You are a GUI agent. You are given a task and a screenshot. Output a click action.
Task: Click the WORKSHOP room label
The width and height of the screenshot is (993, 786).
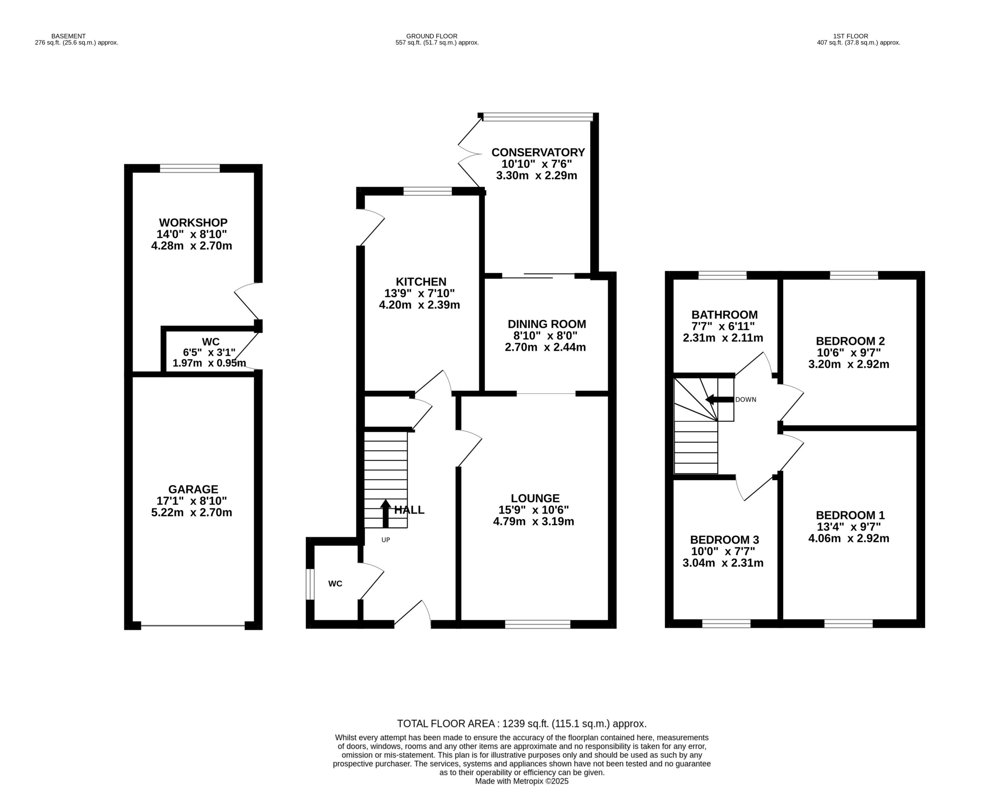tap(193, 223)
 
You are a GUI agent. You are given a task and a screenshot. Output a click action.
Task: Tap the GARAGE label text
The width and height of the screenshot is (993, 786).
tap(193, 489)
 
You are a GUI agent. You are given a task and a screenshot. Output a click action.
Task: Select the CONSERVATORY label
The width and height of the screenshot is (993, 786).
tap(538, 152)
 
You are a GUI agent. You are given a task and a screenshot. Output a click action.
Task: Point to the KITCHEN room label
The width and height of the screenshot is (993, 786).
tap(421, 282)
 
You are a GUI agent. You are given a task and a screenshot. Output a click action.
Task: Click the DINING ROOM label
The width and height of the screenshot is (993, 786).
tap(547, 324)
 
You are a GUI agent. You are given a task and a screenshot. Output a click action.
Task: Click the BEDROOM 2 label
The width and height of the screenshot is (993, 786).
tap(850, 341)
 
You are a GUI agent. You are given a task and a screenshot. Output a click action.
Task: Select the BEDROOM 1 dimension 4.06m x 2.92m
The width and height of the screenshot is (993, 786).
tap(849, 538)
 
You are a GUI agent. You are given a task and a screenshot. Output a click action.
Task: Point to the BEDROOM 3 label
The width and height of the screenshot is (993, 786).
tap(724, 539)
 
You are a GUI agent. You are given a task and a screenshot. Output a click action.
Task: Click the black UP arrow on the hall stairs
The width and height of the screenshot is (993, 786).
tap(385, 513)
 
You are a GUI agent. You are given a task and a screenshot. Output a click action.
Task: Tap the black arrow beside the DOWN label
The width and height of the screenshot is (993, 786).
tap(719, 400)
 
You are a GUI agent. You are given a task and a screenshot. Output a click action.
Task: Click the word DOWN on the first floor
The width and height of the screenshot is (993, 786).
tap(746, 400)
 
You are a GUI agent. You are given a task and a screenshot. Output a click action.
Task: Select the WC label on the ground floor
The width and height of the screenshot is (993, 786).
tap(335, 583)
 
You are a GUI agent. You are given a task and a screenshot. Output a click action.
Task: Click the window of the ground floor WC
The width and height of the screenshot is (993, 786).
tap(310, 584)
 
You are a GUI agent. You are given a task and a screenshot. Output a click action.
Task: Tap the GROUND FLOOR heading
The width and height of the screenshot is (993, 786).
tap(432, 36)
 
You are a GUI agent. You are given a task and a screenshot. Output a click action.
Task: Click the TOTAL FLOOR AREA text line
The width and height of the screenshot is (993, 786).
tap(522, 724)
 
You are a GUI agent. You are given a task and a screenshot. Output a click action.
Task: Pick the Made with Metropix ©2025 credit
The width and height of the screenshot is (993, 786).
tap(522, 781)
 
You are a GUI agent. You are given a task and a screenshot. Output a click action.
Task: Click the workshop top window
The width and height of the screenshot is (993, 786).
tap(190, 168)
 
